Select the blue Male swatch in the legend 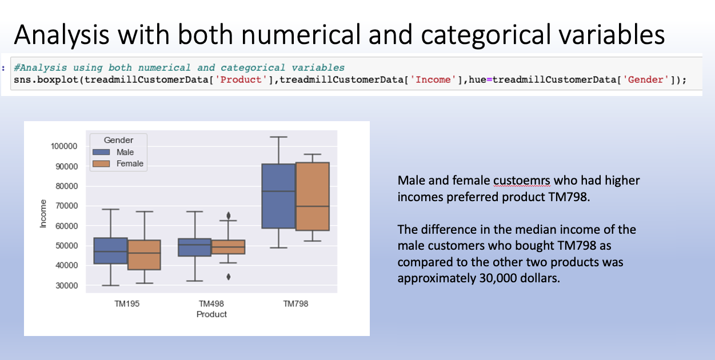click(x=102, y=153)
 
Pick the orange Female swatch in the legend click(x=102, y=164)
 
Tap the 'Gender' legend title click(x=118, y=141)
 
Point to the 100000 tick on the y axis click(x=63, y=146)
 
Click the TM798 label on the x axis click(x=295, y=304)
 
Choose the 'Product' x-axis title click(x=211, y=314)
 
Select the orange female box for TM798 click(x=313, y=197)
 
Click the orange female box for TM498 click(x=229, y=247)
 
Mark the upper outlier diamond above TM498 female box click(x=229, y=215)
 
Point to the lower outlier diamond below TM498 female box click(x=229, y=277)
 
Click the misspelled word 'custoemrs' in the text click(x=521, y=181)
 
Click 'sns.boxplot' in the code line click(x=46, y=79)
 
